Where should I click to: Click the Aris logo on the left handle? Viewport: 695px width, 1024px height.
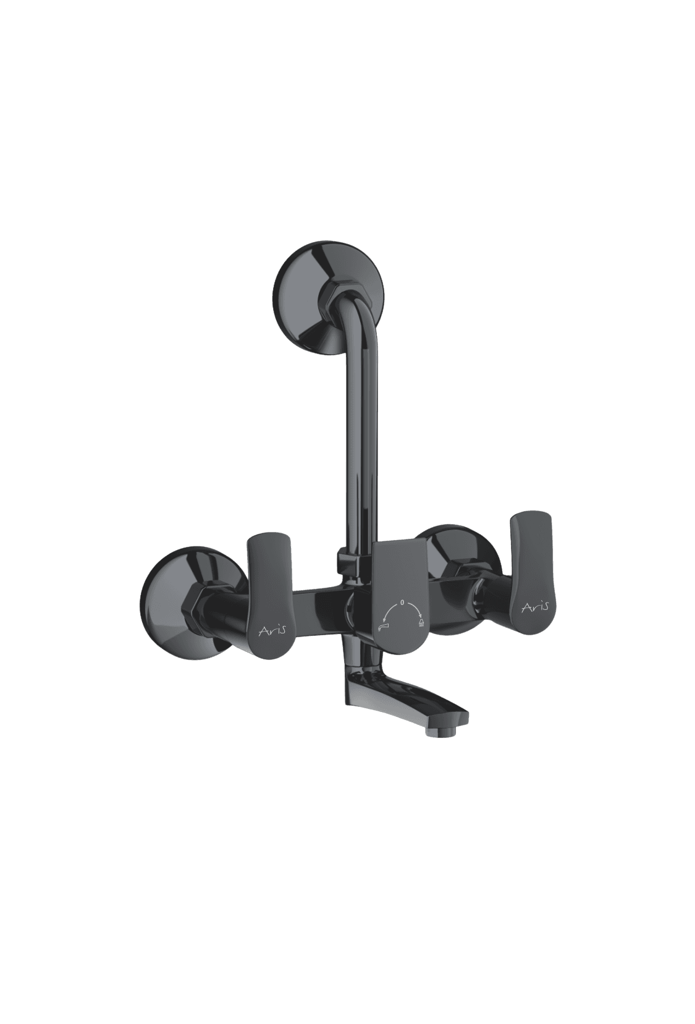click(273, 630)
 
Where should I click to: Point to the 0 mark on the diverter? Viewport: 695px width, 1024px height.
click(402, 603)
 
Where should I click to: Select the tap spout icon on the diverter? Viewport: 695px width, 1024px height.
click(382, 627)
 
